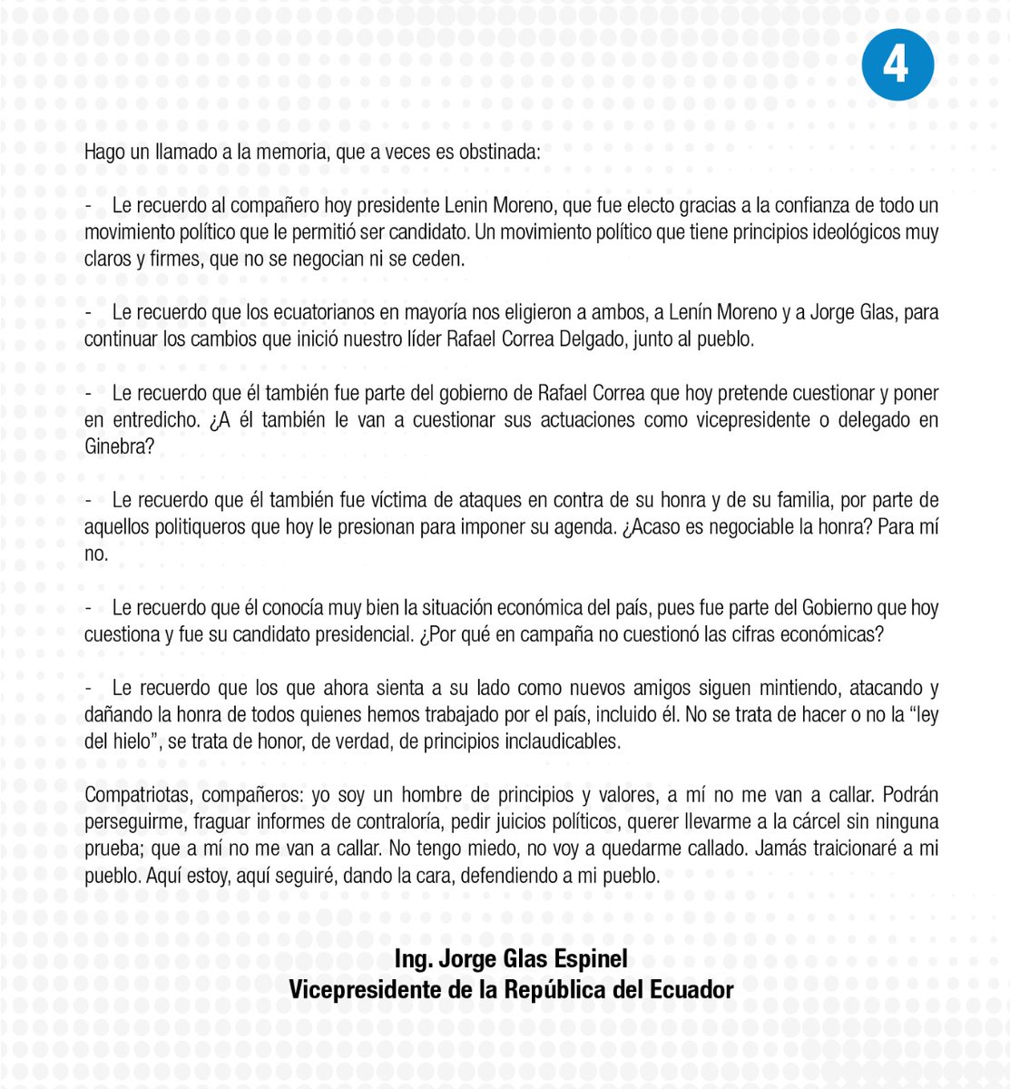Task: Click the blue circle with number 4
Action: [897, 64]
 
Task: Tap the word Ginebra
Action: [116, 447]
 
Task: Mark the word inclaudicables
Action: [561, 741]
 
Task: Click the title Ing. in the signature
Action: [413, 960]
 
